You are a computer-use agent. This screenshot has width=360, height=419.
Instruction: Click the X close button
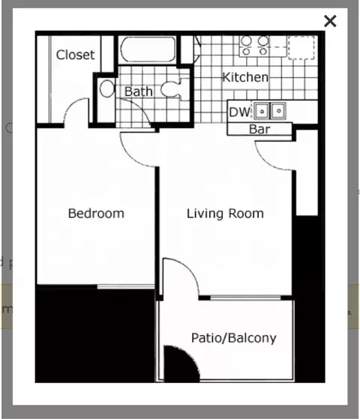330,21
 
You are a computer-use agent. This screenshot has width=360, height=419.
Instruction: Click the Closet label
75,55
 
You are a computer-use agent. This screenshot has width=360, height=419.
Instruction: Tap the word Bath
139,91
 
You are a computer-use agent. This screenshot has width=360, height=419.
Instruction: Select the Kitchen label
245,77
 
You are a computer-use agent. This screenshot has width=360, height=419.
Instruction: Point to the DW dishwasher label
239,112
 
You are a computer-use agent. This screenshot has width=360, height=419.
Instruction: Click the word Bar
259,129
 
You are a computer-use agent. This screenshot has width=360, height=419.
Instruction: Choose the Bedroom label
96,214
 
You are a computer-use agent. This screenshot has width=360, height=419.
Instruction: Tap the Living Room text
225,214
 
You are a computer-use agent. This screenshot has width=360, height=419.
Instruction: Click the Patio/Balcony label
233,338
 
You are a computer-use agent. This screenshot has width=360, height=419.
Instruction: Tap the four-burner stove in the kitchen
253,46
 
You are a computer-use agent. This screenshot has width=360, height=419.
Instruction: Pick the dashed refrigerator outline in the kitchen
303,46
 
